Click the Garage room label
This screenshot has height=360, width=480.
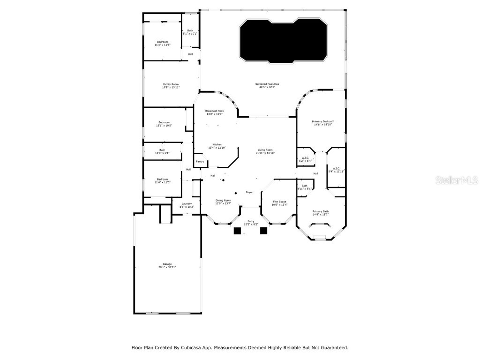point(167,264)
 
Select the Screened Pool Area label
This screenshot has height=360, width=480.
point(267,84)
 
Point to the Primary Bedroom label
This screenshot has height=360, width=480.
point(323,121)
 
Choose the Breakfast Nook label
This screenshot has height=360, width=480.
point(214,111)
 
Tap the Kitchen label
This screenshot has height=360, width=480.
point(217,144)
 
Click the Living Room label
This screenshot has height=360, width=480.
point(265,150)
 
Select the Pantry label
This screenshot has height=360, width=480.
point(200,162)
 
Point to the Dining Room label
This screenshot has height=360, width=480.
point(223,200)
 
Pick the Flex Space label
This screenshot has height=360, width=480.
point(279,202)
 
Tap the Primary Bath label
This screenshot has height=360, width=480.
point(321,211)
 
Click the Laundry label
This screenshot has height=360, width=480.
point(187,203)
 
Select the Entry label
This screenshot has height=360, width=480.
point(251,221)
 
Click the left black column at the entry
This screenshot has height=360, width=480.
point(237,231)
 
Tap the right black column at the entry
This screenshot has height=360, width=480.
point(263,231)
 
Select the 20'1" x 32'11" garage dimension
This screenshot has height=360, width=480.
point(167,267)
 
